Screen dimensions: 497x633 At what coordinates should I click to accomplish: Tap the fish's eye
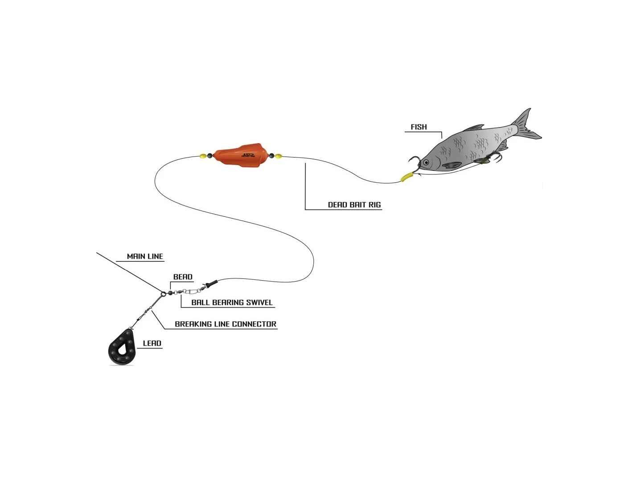point(426,162)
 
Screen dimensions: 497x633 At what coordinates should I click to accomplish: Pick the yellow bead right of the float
point(279,156)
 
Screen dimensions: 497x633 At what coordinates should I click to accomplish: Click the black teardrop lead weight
point(121,348)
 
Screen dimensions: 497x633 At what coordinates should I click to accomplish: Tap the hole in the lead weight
point(122,345)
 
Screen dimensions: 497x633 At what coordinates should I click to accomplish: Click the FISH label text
point(419,127)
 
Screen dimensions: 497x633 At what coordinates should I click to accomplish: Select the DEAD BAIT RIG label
point(354,205)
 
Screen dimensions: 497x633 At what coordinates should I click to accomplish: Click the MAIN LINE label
point(145,257)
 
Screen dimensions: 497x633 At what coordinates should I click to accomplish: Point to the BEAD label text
point(183,277)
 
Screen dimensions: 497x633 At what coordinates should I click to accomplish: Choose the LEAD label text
point(152,344)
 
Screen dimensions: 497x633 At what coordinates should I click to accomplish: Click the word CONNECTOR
point(254,324)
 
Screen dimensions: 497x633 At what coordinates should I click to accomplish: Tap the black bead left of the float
point(210,156)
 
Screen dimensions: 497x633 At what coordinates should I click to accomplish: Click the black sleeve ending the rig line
point(211,283)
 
